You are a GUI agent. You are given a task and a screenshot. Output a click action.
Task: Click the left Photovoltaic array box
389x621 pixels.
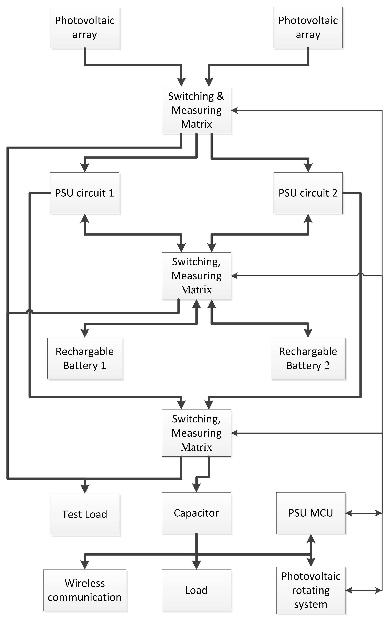tap(85, 28)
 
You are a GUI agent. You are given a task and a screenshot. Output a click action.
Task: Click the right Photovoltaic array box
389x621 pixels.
tap(308, 28)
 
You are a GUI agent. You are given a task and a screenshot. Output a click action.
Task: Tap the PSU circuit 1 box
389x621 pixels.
tap(85, 193)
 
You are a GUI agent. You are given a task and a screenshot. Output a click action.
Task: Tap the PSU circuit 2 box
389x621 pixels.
tap(308, 193)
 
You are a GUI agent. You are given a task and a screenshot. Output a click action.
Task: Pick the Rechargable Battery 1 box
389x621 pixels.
tap(85, 359)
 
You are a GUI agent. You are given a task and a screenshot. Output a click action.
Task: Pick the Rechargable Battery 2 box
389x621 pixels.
tap(308, 359)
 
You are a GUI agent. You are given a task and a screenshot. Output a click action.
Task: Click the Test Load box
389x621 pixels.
tap(85, 514)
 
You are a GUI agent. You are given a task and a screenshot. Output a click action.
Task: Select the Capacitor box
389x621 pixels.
tap(196, 513)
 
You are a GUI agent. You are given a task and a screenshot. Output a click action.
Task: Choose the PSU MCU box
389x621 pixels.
tap(311, 513)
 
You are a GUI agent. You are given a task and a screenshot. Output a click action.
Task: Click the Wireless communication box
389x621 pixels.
tap(85, 590)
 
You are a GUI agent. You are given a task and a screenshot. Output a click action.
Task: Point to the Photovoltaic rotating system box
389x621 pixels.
tap(311, 590)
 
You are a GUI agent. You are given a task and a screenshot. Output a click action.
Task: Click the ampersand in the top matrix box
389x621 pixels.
tap(220, 96)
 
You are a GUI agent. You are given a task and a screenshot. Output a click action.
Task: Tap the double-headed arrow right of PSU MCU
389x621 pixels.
tap(363, 513)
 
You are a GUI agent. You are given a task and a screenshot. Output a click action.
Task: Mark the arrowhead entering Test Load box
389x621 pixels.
tap(85, 489)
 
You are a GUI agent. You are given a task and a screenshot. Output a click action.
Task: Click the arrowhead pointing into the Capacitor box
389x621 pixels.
tap(196, 488)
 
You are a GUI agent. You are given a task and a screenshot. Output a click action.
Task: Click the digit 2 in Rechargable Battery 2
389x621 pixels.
tap(327, 366)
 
